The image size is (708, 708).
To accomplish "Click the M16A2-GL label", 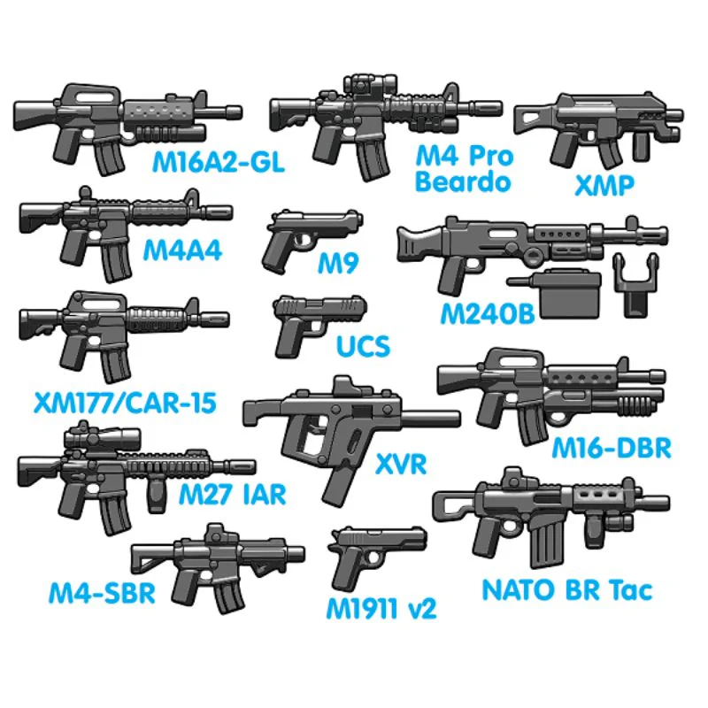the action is point(218,162).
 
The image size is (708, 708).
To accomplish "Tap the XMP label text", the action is point(604,185).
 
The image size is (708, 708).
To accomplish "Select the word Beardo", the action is point(463,181).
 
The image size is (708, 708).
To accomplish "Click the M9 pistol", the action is point(312,238).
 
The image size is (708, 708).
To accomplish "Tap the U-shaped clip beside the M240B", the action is point(635,285).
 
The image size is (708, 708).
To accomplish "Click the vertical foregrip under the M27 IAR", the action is point(157,496).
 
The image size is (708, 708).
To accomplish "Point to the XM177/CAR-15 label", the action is point(125,403).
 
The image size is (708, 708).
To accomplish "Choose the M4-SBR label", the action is point(102,593).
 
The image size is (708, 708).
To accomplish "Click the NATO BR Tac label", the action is point(567,589).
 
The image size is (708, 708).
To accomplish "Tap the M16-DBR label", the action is point(612,448).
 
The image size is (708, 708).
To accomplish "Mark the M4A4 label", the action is point(182,250).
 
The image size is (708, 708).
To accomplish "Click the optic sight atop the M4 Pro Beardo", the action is point(370,84).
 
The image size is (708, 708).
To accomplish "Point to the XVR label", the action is point(401,464).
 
